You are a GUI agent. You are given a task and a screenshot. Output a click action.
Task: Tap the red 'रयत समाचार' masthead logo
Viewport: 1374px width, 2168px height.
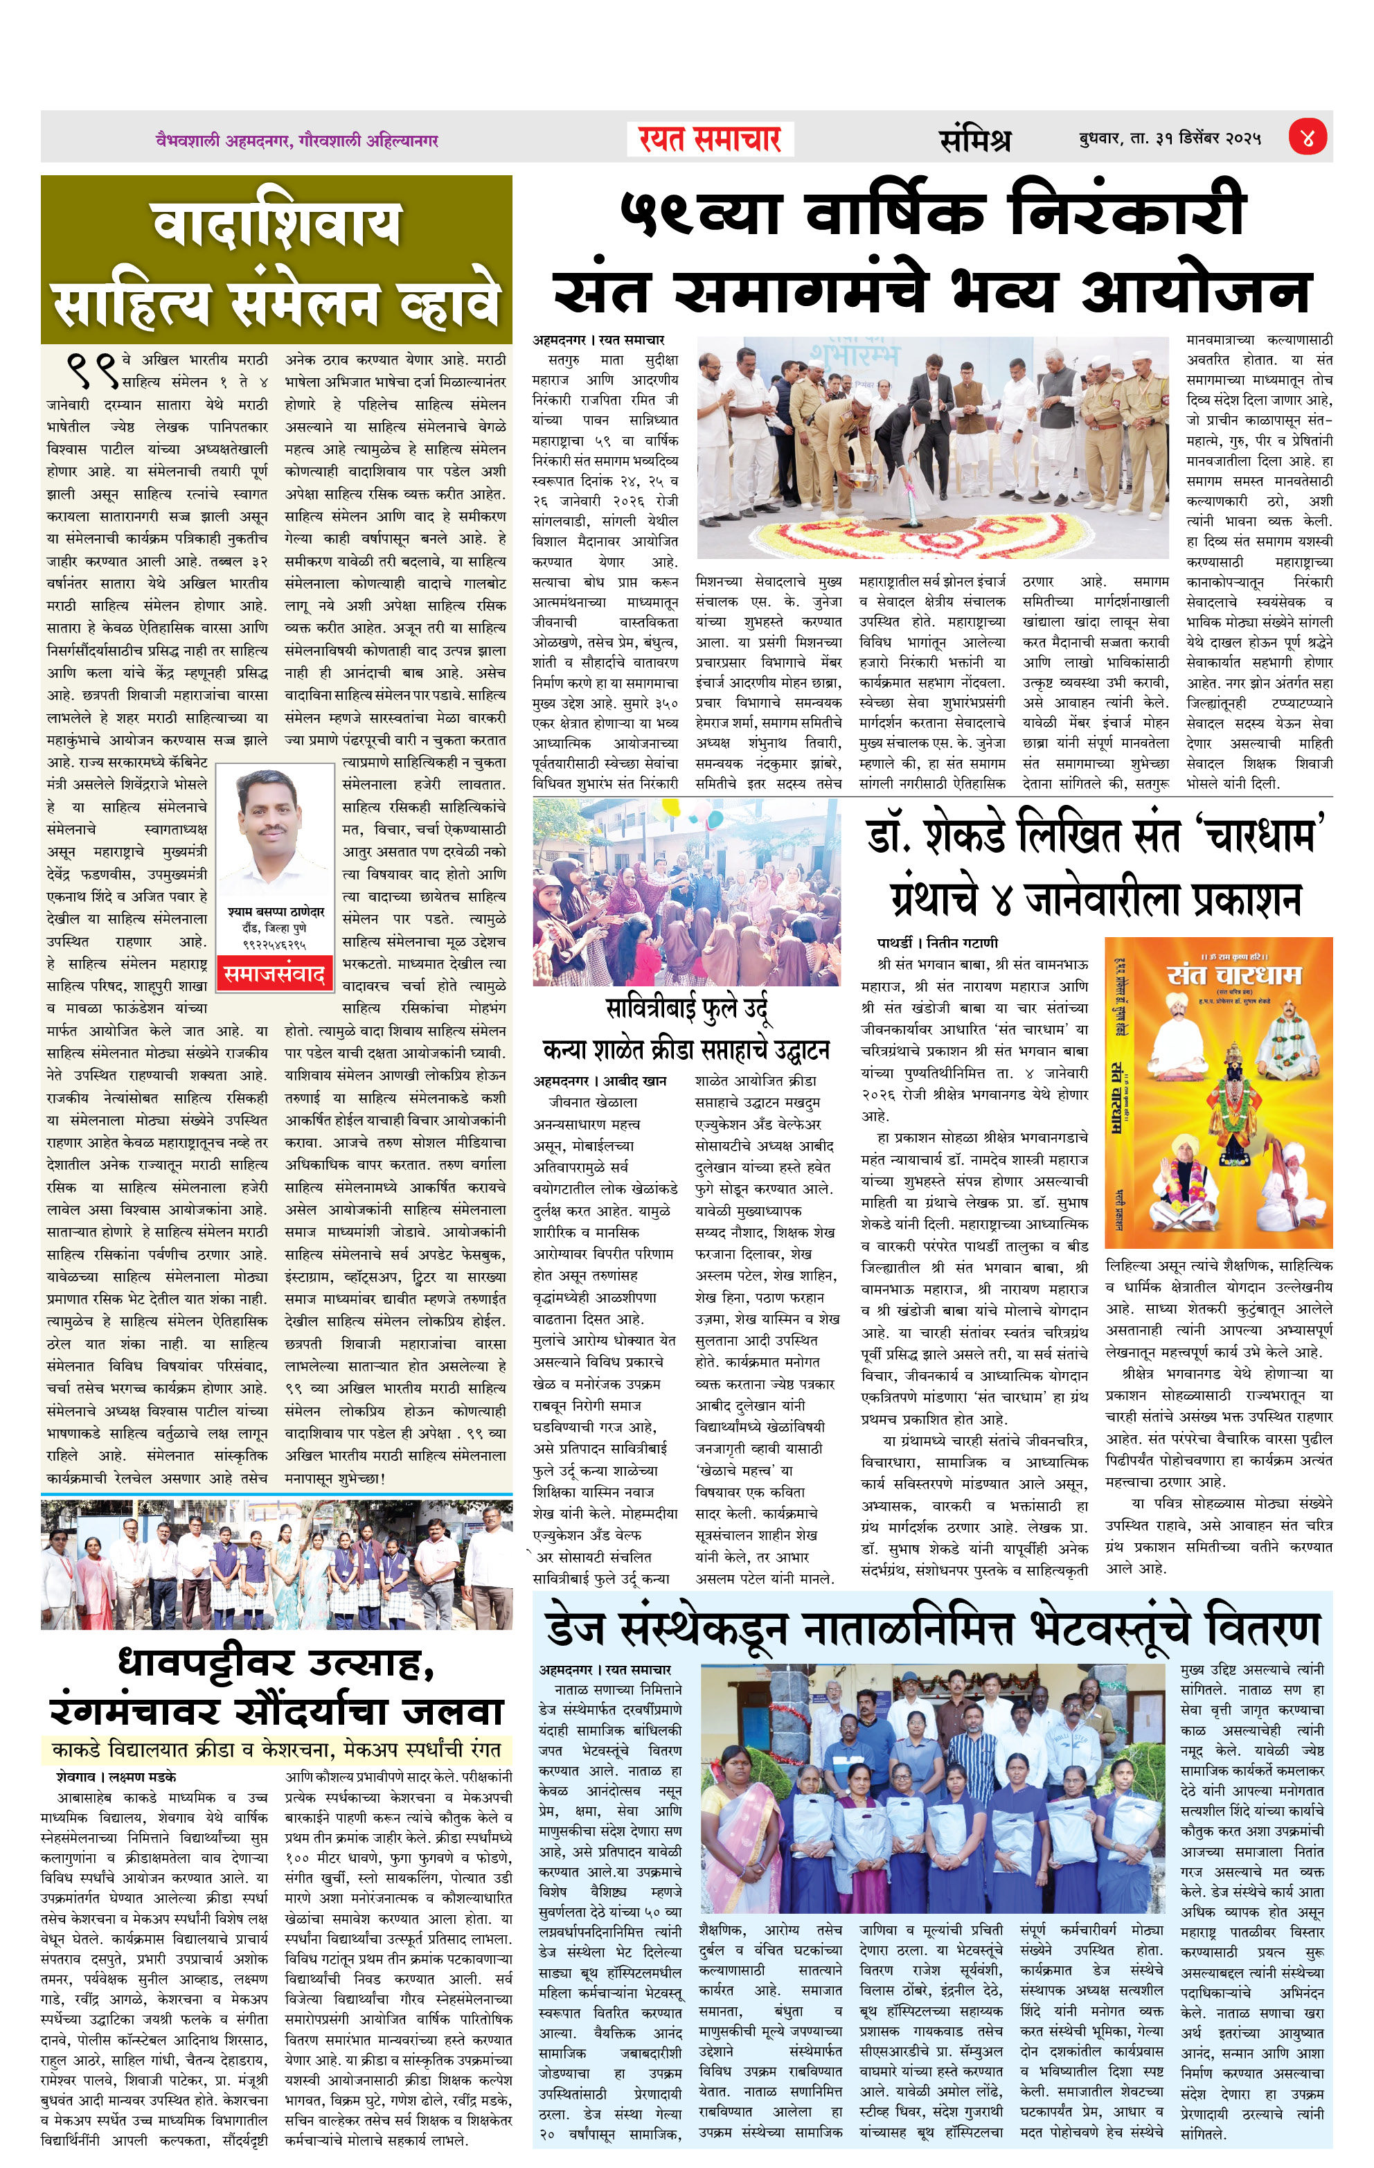pos(708,139)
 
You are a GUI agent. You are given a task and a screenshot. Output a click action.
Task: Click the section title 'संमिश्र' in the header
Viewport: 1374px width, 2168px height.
pos(974,139)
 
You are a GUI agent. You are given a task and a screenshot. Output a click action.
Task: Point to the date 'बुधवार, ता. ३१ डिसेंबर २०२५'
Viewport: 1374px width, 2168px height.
pos(1170,139)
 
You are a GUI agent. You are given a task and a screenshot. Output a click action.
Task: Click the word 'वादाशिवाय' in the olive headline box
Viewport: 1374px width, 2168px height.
pos(276,224)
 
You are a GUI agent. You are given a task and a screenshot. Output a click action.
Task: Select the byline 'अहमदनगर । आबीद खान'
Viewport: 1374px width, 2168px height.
pos(600,1081)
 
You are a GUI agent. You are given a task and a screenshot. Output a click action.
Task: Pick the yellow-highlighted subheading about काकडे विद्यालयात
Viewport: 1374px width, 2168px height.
pos(276,1750)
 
